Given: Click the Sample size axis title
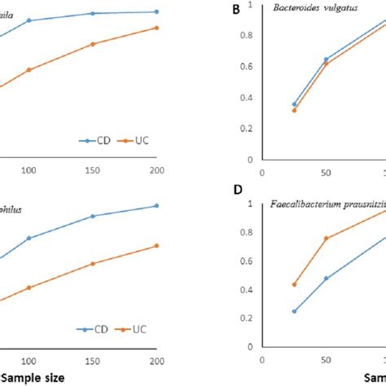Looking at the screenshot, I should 32,378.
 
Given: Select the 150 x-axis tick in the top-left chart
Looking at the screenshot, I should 116,170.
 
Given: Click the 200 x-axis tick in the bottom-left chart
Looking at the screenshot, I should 157,361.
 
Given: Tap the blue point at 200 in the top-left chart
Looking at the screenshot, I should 157,11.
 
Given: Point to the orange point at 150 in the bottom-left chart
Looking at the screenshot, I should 116,264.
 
